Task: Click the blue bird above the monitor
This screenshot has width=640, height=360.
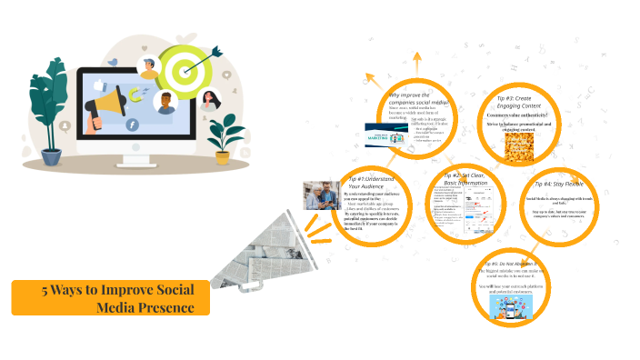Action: coord(113,62)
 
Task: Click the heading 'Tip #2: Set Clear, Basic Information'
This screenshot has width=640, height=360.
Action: coord(465,178)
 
